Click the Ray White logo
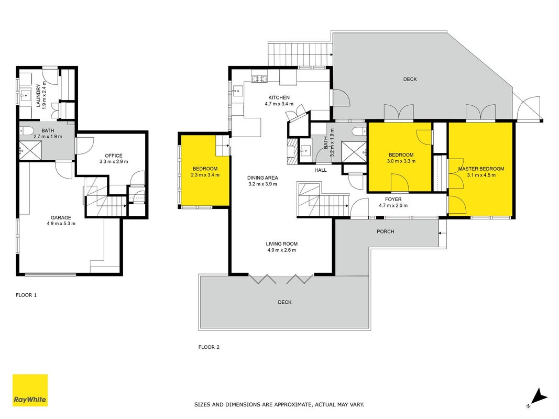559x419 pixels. point(30,390)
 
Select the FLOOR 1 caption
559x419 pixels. point(26,295)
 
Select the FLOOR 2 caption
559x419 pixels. point(209,347)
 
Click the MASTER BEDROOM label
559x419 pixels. point(481,169)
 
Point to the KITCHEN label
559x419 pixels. point(279,97)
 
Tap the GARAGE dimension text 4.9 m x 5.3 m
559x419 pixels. point(61,224)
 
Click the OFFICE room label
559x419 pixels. point(114,156)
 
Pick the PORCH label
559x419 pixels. point(386,231)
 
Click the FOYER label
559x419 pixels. point(393,200)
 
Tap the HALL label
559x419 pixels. point(321,170)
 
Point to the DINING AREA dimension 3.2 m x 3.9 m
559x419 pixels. point(263,184)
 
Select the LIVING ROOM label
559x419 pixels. point(282,244)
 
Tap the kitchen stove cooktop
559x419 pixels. point(259,79)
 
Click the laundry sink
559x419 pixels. point(26,95)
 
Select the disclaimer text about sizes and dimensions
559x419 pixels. point(279,405)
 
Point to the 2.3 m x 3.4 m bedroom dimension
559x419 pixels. point(205,175)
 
